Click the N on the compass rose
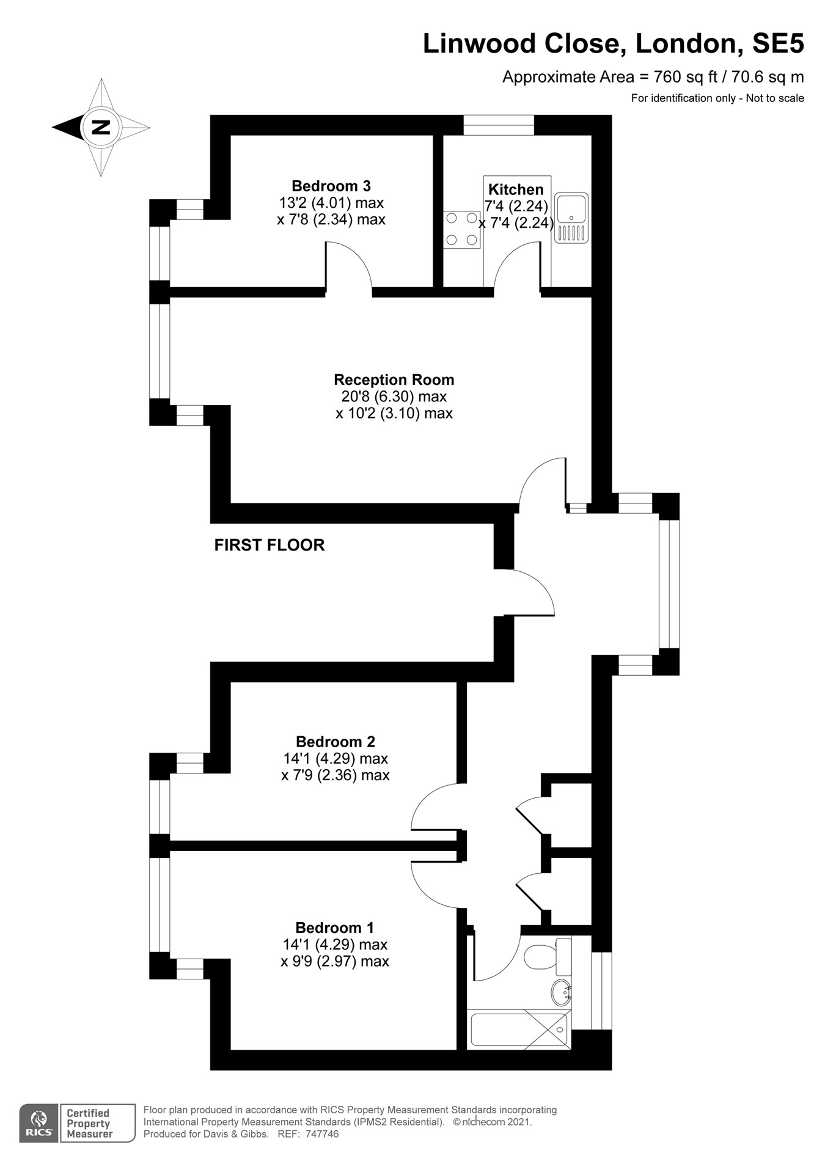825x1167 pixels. [100, 128]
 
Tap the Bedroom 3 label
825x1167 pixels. [331, 186]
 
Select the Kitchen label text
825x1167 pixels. [516, 189]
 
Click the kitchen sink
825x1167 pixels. [571, 218]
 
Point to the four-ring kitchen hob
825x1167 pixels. [462, 229]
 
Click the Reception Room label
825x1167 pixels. [394, 379]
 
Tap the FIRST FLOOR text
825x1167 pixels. [269, 545]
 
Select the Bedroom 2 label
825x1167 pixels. [335, 742]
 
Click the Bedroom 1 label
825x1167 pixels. [335, 927]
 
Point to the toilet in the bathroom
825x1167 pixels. [548, 957]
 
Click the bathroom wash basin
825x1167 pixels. [561, 992]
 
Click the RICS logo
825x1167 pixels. [39, 1123]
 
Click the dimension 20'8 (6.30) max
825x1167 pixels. [394, 397]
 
